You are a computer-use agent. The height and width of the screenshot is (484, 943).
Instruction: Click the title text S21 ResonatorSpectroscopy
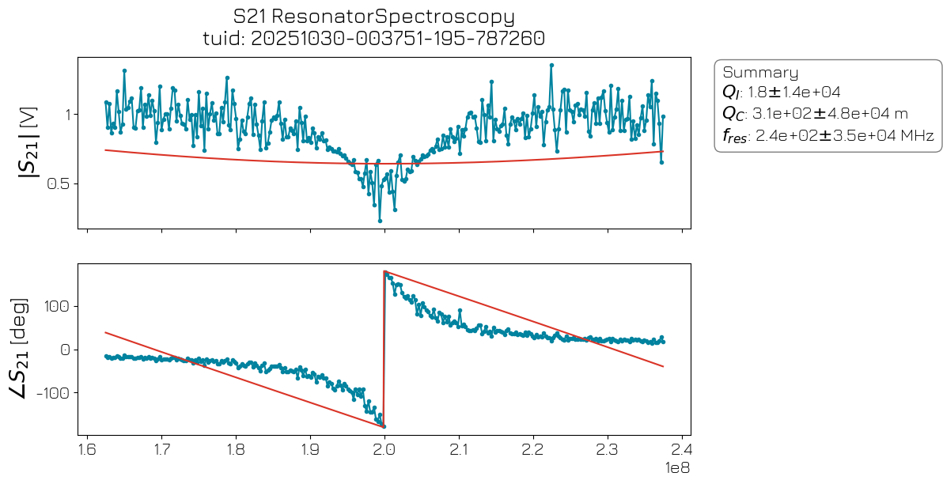(x=374, y=17)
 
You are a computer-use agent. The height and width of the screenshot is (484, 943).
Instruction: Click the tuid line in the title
(x=374, y=39)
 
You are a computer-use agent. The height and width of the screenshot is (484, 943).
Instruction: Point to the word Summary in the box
(x=760, y=73)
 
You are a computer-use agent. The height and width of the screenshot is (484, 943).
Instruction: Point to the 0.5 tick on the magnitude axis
(x=58, y=183)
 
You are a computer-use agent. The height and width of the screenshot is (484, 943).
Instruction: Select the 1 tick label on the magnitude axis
(x=66, y=115)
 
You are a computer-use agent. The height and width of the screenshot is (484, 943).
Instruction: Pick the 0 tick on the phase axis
(x=66, y=350)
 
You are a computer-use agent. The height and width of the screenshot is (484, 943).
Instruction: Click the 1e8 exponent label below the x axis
(x=677, y=469)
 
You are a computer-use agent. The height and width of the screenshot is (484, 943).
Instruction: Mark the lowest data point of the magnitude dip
(x=380, y=221)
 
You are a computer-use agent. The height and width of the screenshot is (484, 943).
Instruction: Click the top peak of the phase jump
(x=384, y=272)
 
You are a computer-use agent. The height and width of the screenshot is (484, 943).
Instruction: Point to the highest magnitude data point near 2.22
(x=551, y=65)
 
